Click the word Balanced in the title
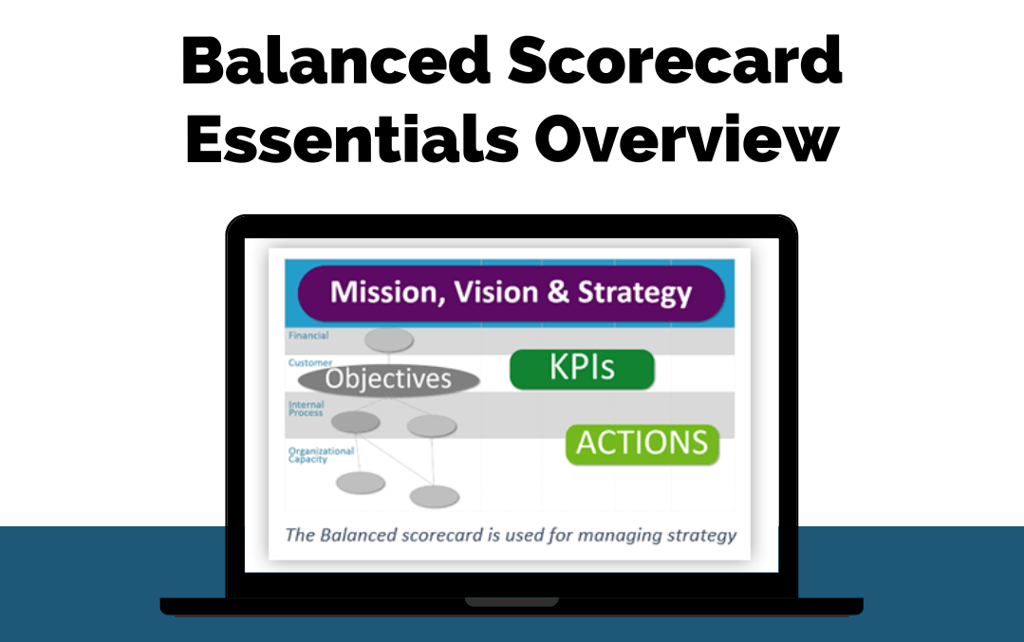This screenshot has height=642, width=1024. click(x=336, y=61)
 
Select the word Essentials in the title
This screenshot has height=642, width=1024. click(x=352, y=138)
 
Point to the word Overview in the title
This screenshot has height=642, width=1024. click(x=686, y=138)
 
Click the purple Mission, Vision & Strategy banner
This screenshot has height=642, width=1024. click(x=512, y=293)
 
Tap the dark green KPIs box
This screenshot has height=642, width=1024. click(x=582, y=369)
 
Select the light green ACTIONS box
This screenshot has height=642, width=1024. click(x=642, y=445)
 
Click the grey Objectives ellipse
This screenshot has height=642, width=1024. click(x=388, y=380)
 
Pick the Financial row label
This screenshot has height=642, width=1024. click(x=308, y=336)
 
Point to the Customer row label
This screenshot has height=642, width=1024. click(x=310, y=362)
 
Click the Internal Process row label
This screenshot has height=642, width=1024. click(x=306, y=409)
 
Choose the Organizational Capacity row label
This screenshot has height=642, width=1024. click(x=321, y=455)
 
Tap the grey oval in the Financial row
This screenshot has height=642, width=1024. click(x=388, y=339)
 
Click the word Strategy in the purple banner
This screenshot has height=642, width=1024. click(x=634, y=293)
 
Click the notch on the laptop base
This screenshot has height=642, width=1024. click(x=512, y=601)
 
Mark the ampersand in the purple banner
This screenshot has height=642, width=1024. click(x=558, y=292)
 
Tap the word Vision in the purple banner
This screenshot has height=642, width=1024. click(x=495, y=292)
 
